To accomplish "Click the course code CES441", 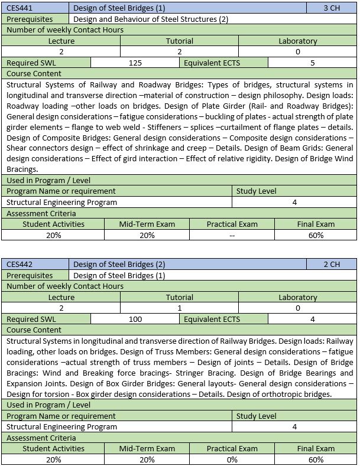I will [21, 8].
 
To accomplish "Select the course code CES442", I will [21, 265].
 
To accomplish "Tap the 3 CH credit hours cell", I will [332, 8].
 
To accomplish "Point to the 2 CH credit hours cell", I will [332, 265].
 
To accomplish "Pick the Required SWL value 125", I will [135, 63].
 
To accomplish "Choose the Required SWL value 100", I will [135, 319].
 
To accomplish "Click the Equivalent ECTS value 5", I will [312, 63].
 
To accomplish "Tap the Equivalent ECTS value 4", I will [312, 319].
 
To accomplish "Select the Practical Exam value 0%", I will [232, 460].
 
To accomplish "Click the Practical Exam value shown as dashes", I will [232, 235].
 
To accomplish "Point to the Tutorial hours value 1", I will [179, 308].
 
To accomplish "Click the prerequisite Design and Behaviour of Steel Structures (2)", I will [151, 19].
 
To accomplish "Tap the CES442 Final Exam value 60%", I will [316, 460].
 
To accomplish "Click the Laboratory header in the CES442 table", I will [297, 297].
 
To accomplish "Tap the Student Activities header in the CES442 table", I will [53, 449].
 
